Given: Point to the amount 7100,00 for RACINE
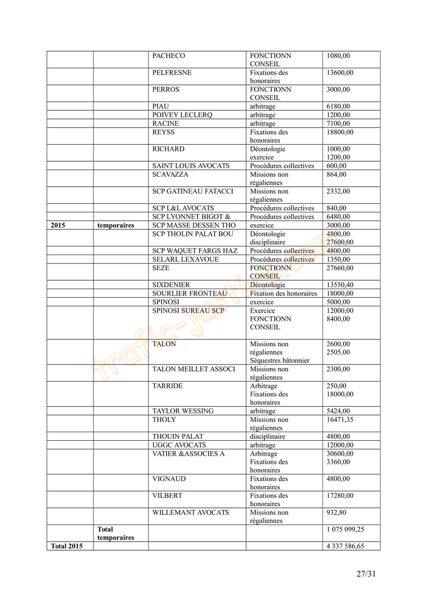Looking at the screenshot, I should point(338,124).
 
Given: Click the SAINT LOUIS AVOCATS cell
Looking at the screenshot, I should point(191,166).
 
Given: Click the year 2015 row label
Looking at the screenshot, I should point(58,226).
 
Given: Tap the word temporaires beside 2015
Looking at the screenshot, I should point(116,226).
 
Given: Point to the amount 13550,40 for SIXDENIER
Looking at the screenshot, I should point(339,285).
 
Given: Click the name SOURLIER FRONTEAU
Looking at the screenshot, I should point(189,293).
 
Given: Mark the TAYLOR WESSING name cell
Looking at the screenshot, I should point(183,411).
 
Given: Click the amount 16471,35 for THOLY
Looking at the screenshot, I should point(339,420).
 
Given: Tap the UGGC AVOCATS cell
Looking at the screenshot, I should point(179,445).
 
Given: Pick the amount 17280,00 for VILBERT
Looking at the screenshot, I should point(339,496).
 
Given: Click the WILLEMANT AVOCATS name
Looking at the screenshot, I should point(191,513).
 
